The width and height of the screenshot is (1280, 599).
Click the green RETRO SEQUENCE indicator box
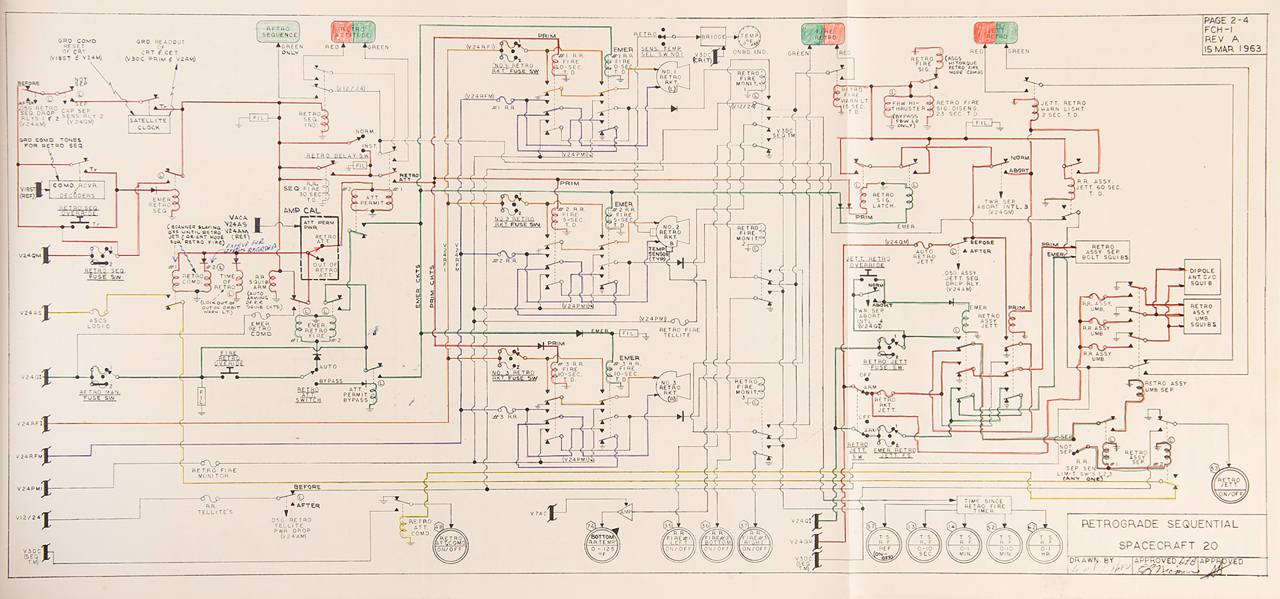(x=278, y=32)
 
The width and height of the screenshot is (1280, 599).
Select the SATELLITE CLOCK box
(x=148, y=124)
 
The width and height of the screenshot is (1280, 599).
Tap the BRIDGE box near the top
(x=713, y=37)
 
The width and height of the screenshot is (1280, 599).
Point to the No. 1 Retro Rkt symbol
(x=670, y=78)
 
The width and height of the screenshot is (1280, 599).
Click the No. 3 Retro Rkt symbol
(x=670, y=385)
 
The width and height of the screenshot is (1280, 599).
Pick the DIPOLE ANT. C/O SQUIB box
(x=1201, y=277)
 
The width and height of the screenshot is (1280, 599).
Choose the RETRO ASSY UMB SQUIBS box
(x=1201, y=315)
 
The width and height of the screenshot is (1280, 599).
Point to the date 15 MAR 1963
(x=1233, y=49)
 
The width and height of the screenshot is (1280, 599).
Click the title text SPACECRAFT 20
(x=1159, y=546)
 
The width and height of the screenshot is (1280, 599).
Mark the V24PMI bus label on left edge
(x=29, y=489)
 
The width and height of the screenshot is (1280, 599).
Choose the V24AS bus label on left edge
(x=29, y=314)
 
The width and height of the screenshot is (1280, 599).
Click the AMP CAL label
(x=302, y=211)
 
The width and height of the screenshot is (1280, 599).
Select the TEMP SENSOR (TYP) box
(x=658, y=254)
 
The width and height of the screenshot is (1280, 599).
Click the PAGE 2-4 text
(x=1226, y=21)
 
